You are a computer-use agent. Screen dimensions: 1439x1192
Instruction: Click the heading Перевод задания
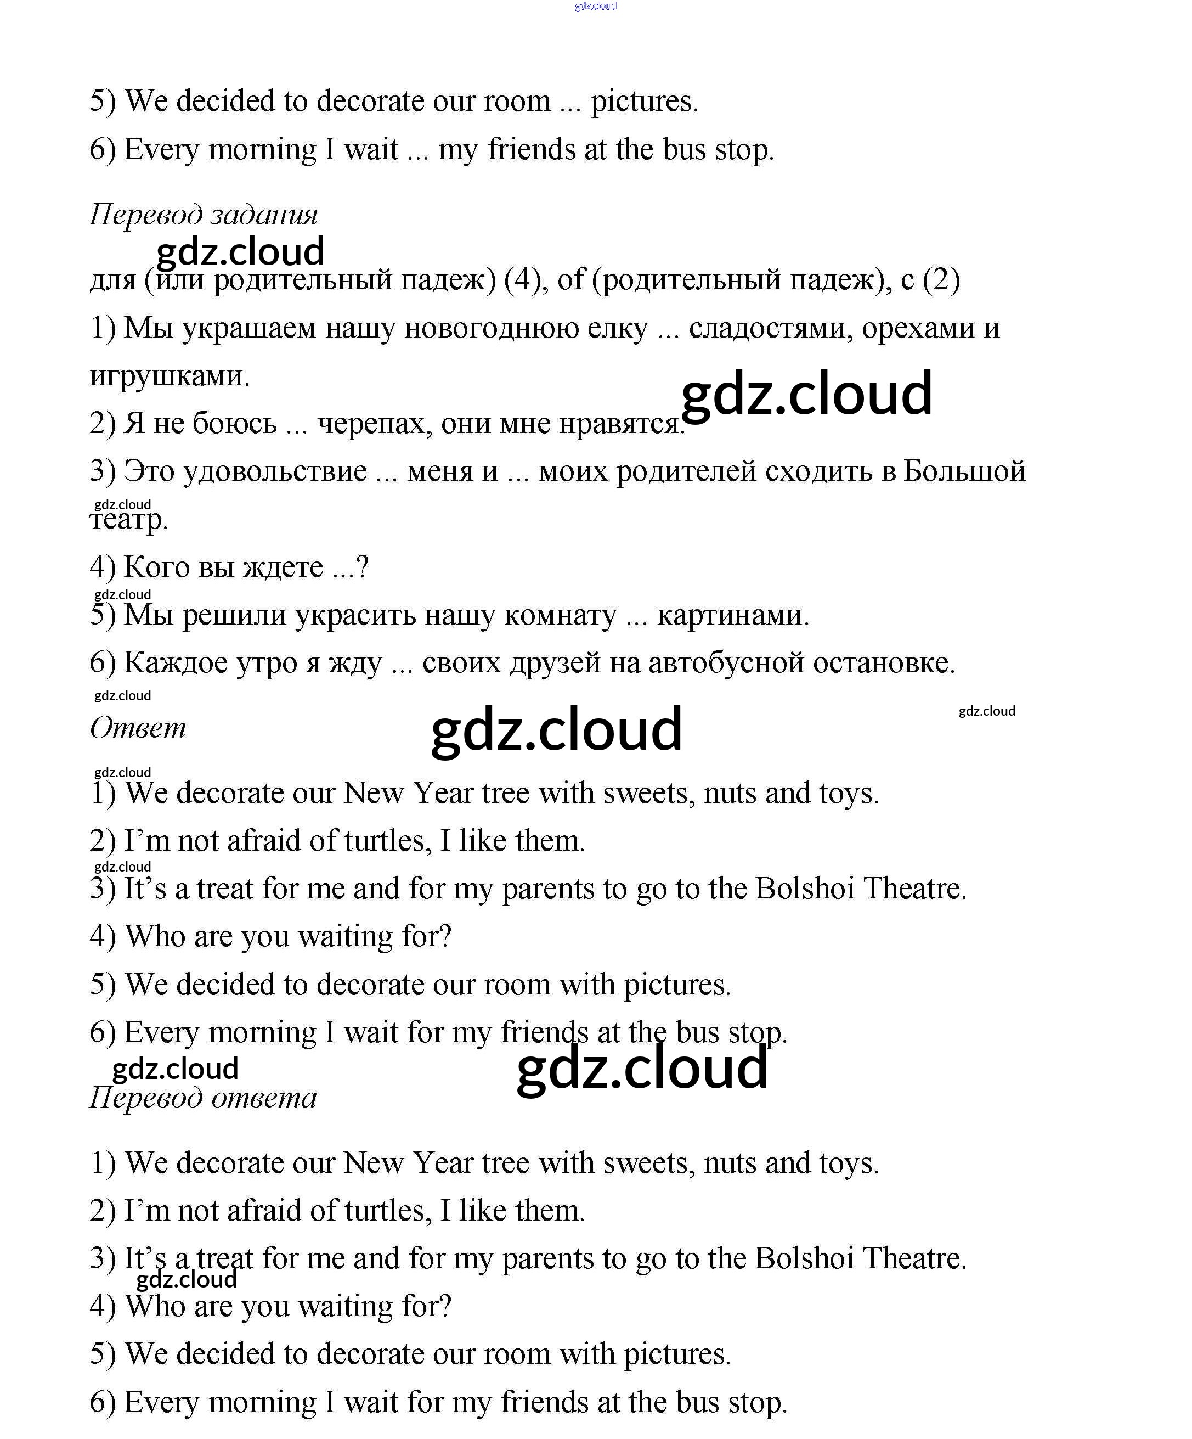(x=204, y=215)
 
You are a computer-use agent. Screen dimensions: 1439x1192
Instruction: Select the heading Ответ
(x=138, y=728)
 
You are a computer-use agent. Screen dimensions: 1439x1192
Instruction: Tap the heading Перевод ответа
(x=204, y=1098)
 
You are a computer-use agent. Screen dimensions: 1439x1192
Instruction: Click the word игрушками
(x=169, y=376)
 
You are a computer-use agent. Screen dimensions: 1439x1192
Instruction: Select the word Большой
(x=964, y=471)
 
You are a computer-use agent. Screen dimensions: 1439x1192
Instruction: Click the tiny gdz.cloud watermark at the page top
(x=595, y=6)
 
